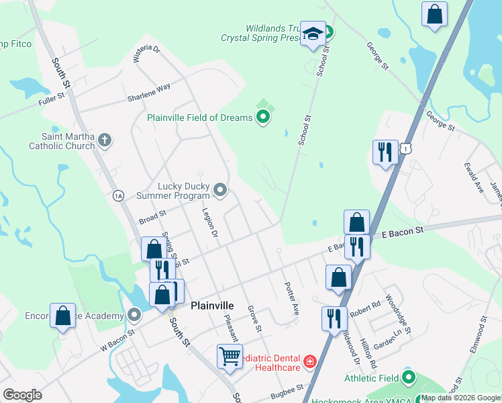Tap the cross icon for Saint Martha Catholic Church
(x=104, y=140)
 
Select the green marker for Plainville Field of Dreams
(x=263, y=118)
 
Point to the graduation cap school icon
(x=313, y=34)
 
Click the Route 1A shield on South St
(x=118, y=195)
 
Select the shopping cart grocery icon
(x=230, y=355)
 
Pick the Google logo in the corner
(x=22, y=395)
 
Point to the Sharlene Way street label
(x=149, y=93)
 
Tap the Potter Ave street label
(x=291, y=299)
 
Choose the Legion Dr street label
(x=210, y=222)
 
